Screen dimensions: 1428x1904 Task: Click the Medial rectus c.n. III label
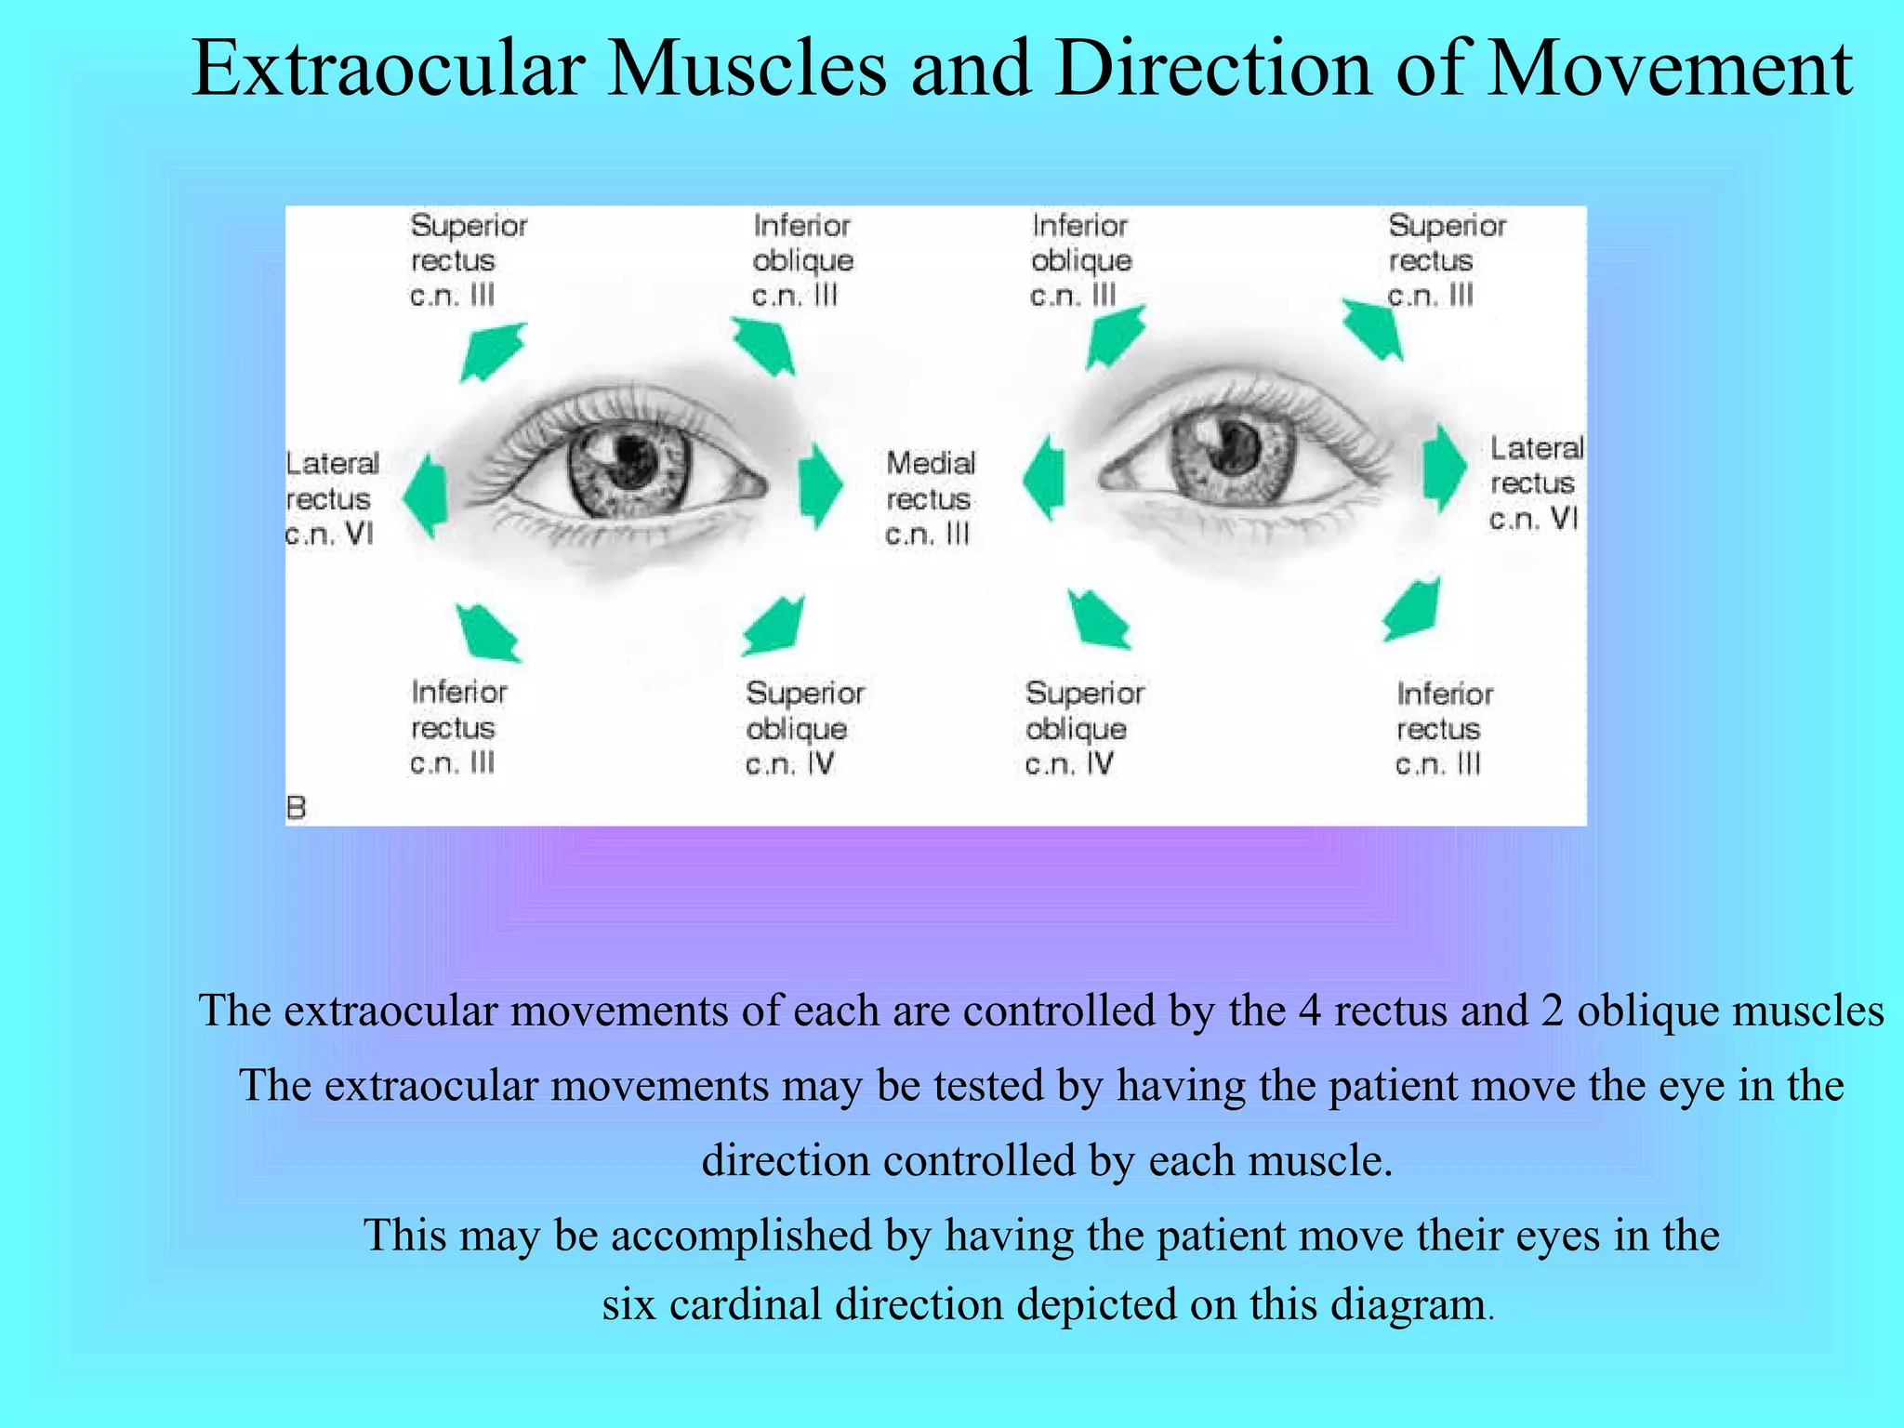(x=930, y=498)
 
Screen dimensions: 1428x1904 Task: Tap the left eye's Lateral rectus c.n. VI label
(x=332, y=498)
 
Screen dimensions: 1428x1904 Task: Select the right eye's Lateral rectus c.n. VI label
(x=1535, y=483)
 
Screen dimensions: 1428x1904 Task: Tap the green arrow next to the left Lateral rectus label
(x=426, y=496)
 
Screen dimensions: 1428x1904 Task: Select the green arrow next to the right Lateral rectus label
(x=1444, y=468)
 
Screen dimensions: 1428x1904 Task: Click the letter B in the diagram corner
(x=297, y=807)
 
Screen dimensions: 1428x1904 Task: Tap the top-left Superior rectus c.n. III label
(x=467, y=260)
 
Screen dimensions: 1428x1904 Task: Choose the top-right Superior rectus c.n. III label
(x=1445, y=260)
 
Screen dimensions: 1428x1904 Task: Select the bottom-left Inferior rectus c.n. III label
(x=458, y=728)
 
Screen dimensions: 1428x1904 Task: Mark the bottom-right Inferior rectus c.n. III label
(x=1443, y=729)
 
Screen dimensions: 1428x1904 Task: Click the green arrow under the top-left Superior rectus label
(x=493, y=351)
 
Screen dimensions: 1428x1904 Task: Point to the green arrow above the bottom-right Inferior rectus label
(x=1412, y=610)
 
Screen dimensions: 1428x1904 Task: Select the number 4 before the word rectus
(x=1309, y=1011)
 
